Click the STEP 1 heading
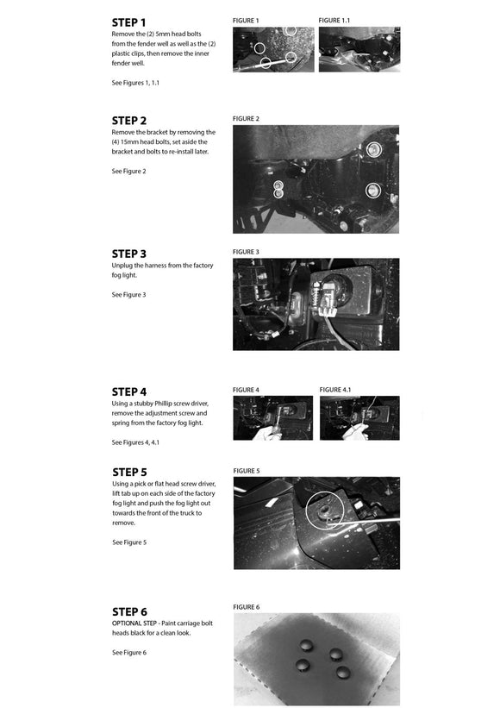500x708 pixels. tap(128, 22)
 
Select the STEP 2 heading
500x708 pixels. tap(129, 121)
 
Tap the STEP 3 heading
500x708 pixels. tap(129, 254)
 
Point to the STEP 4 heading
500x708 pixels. tap(129, 392)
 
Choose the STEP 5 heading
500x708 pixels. tap(129, 473)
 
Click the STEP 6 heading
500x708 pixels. tap(129, 612)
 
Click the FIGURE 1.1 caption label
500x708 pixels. tap(334, 21)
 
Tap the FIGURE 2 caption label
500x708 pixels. tap(246, 119)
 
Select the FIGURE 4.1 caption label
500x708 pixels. tap(334, 390)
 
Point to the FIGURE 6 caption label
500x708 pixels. tap(247, 607)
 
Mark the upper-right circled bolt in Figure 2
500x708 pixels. tap(372, 149)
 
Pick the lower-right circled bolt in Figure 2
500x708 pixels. tap(372, 191)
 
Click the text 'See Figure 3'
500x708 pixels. tap(128, 295)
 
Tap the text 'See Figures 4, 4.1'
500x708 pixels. tap(135, 442)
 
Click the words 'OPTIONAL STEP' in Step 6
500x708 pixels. tap(134, 623)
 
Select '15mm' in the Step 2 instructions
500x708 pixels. tap(129, 141)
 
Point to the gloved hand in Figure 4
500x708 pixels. tap(266, 434)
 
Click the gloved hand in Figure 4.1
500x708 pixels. tap(354, 433)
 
